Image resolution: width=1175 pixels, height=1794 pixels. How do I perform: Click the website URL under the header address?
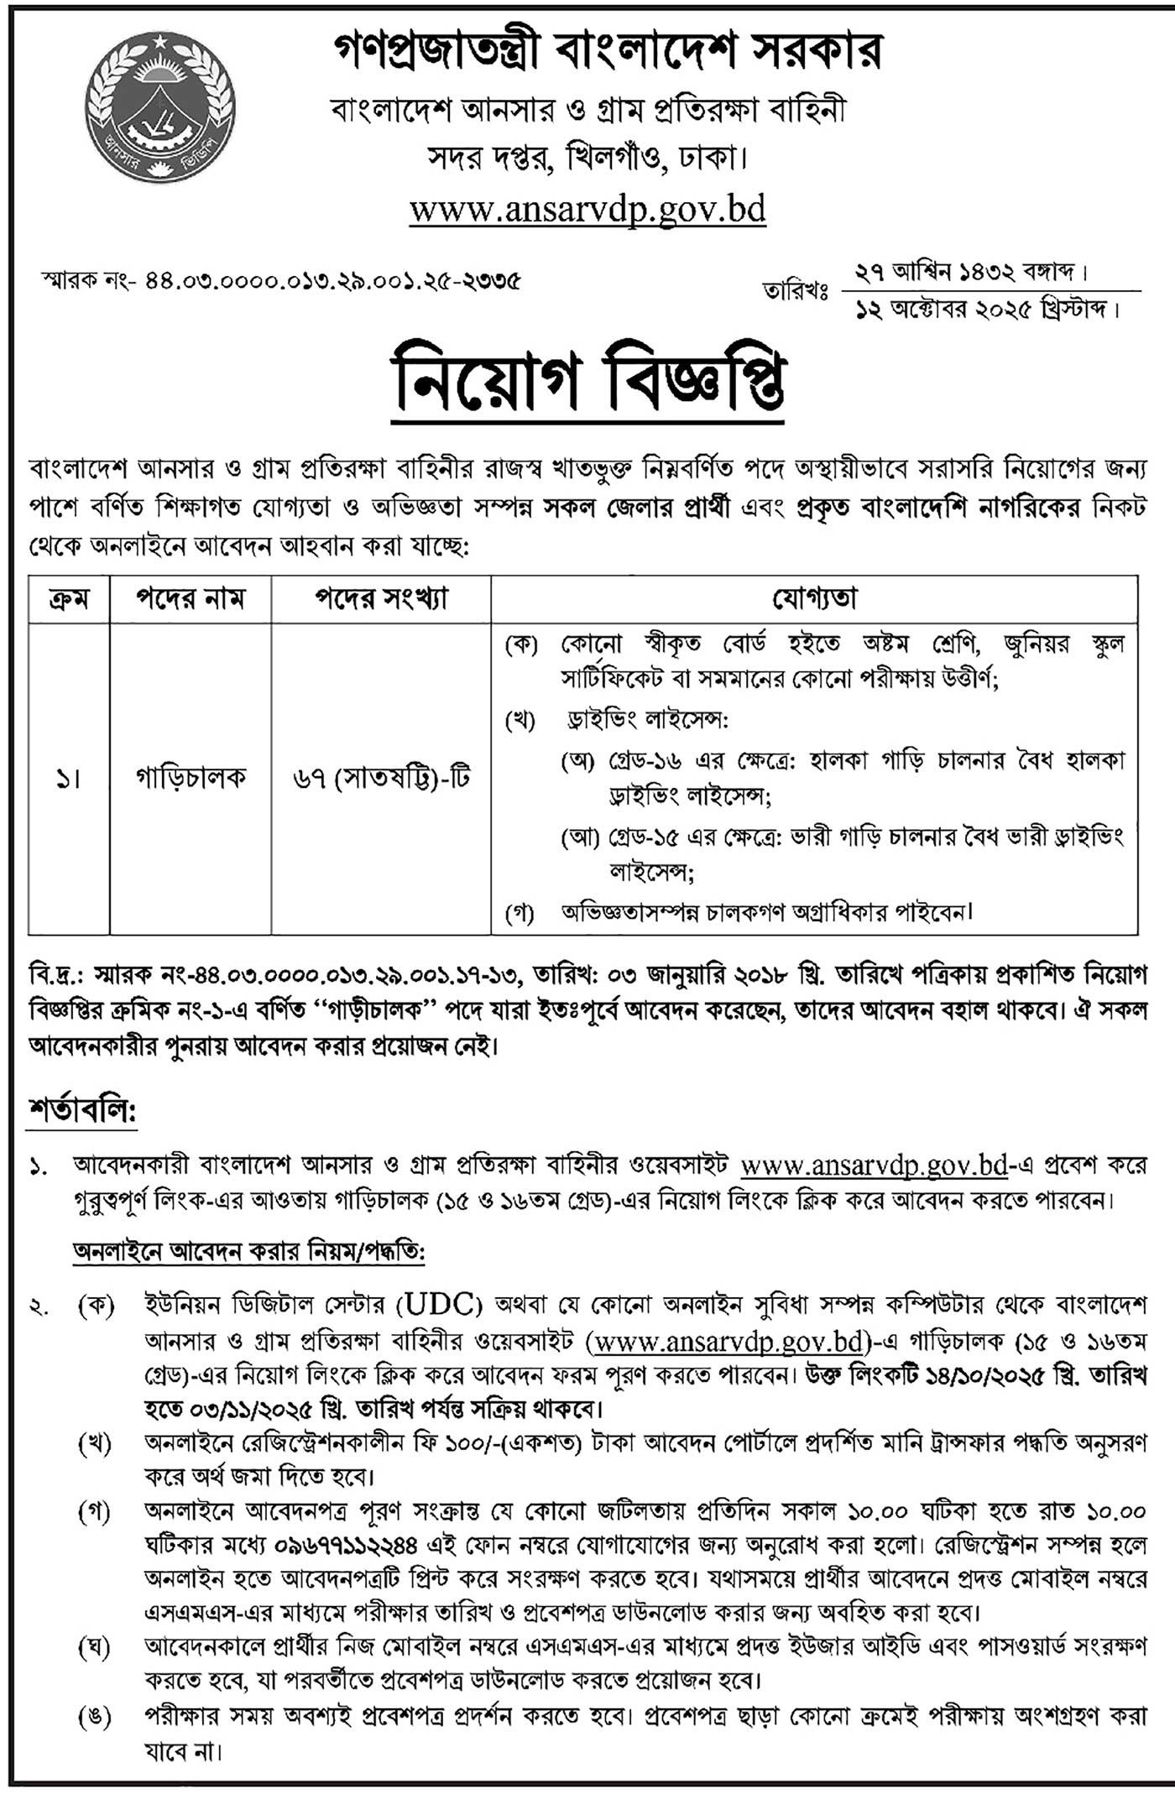587,208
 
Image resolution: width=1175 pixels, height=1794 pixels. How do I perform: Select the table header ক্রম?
69,599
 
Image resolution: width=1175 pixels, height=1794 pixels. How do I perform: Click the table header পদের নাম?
191,599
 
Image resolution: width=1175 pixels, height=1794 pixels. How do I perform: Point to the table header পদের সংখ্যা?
381,599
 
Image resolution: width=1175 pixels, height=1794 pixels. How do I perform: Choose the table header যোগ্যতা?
814,599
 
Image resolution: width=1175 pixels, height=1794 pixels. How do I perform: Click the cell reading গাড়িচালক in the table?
191,779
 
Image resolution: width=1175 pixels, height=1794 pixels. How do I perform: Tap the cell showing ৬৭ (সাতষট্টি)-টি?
381,779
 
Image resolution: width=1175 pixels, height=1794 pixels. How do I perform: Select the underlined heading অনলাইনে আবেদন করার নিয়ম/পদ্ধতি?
249,1254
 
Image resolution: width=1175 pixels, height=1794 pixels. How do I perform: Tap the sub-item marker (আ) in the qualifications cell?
578,837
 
